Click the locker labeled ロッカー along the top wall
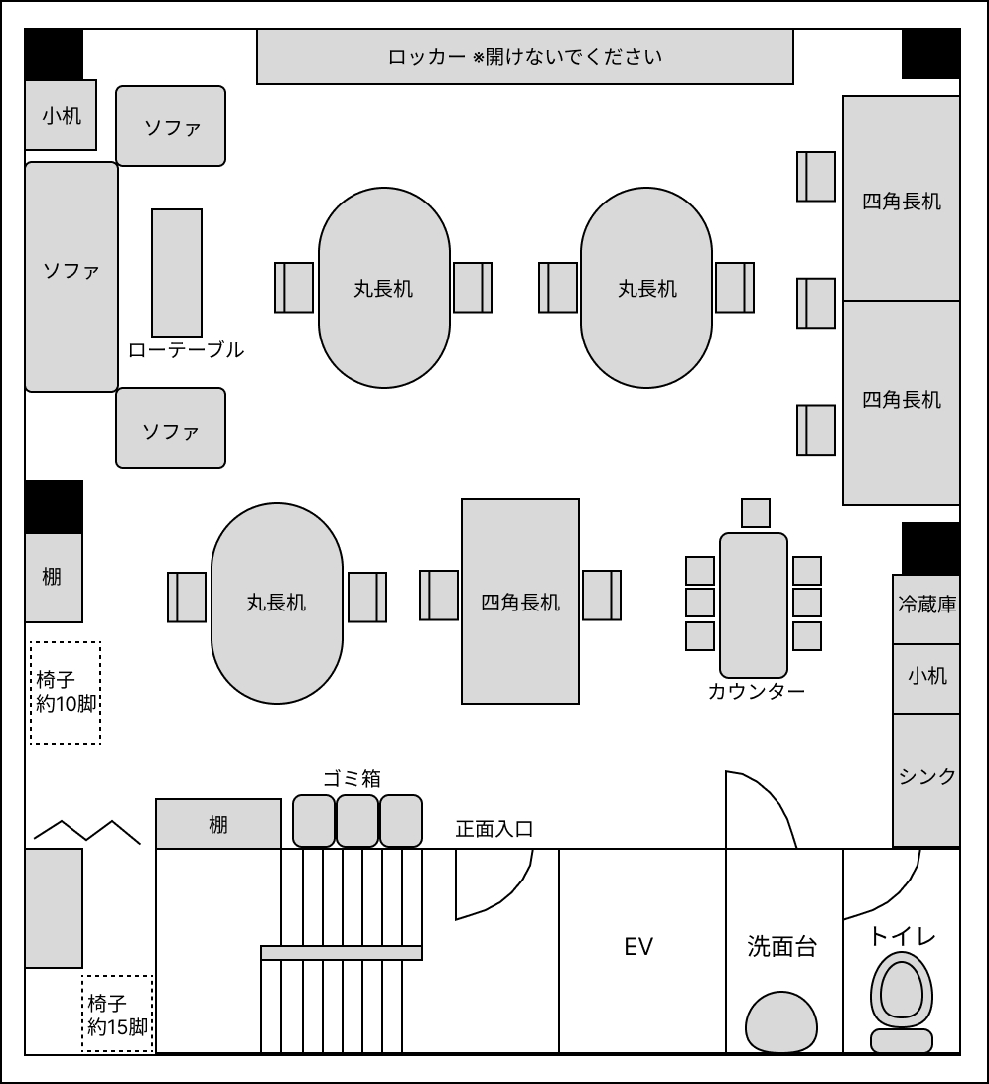coord(525,57)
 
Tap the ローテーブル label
coord(186,349)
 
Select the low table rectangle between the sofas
coord(177,273)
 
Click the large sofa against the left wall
coord(71,277)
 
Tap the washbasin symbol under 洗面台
coord(781,1022)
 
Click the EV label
coord(638,946)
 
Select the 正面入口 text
coord(494,829)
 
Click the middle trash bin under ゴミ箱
coord(357,821)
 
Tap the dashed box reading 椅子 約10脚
coord(65,693)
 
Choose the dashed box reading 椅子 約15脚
coord(117,1014)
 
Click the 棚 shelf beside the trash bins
coord(217,823)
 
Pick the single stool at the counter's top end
coord(756,513)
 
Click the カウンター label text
coord(756,691)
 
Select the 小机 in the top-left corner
coord(61,115)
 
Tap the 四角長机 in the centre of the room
coord(520,602)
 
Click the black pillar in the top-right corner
coord(930,54)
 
